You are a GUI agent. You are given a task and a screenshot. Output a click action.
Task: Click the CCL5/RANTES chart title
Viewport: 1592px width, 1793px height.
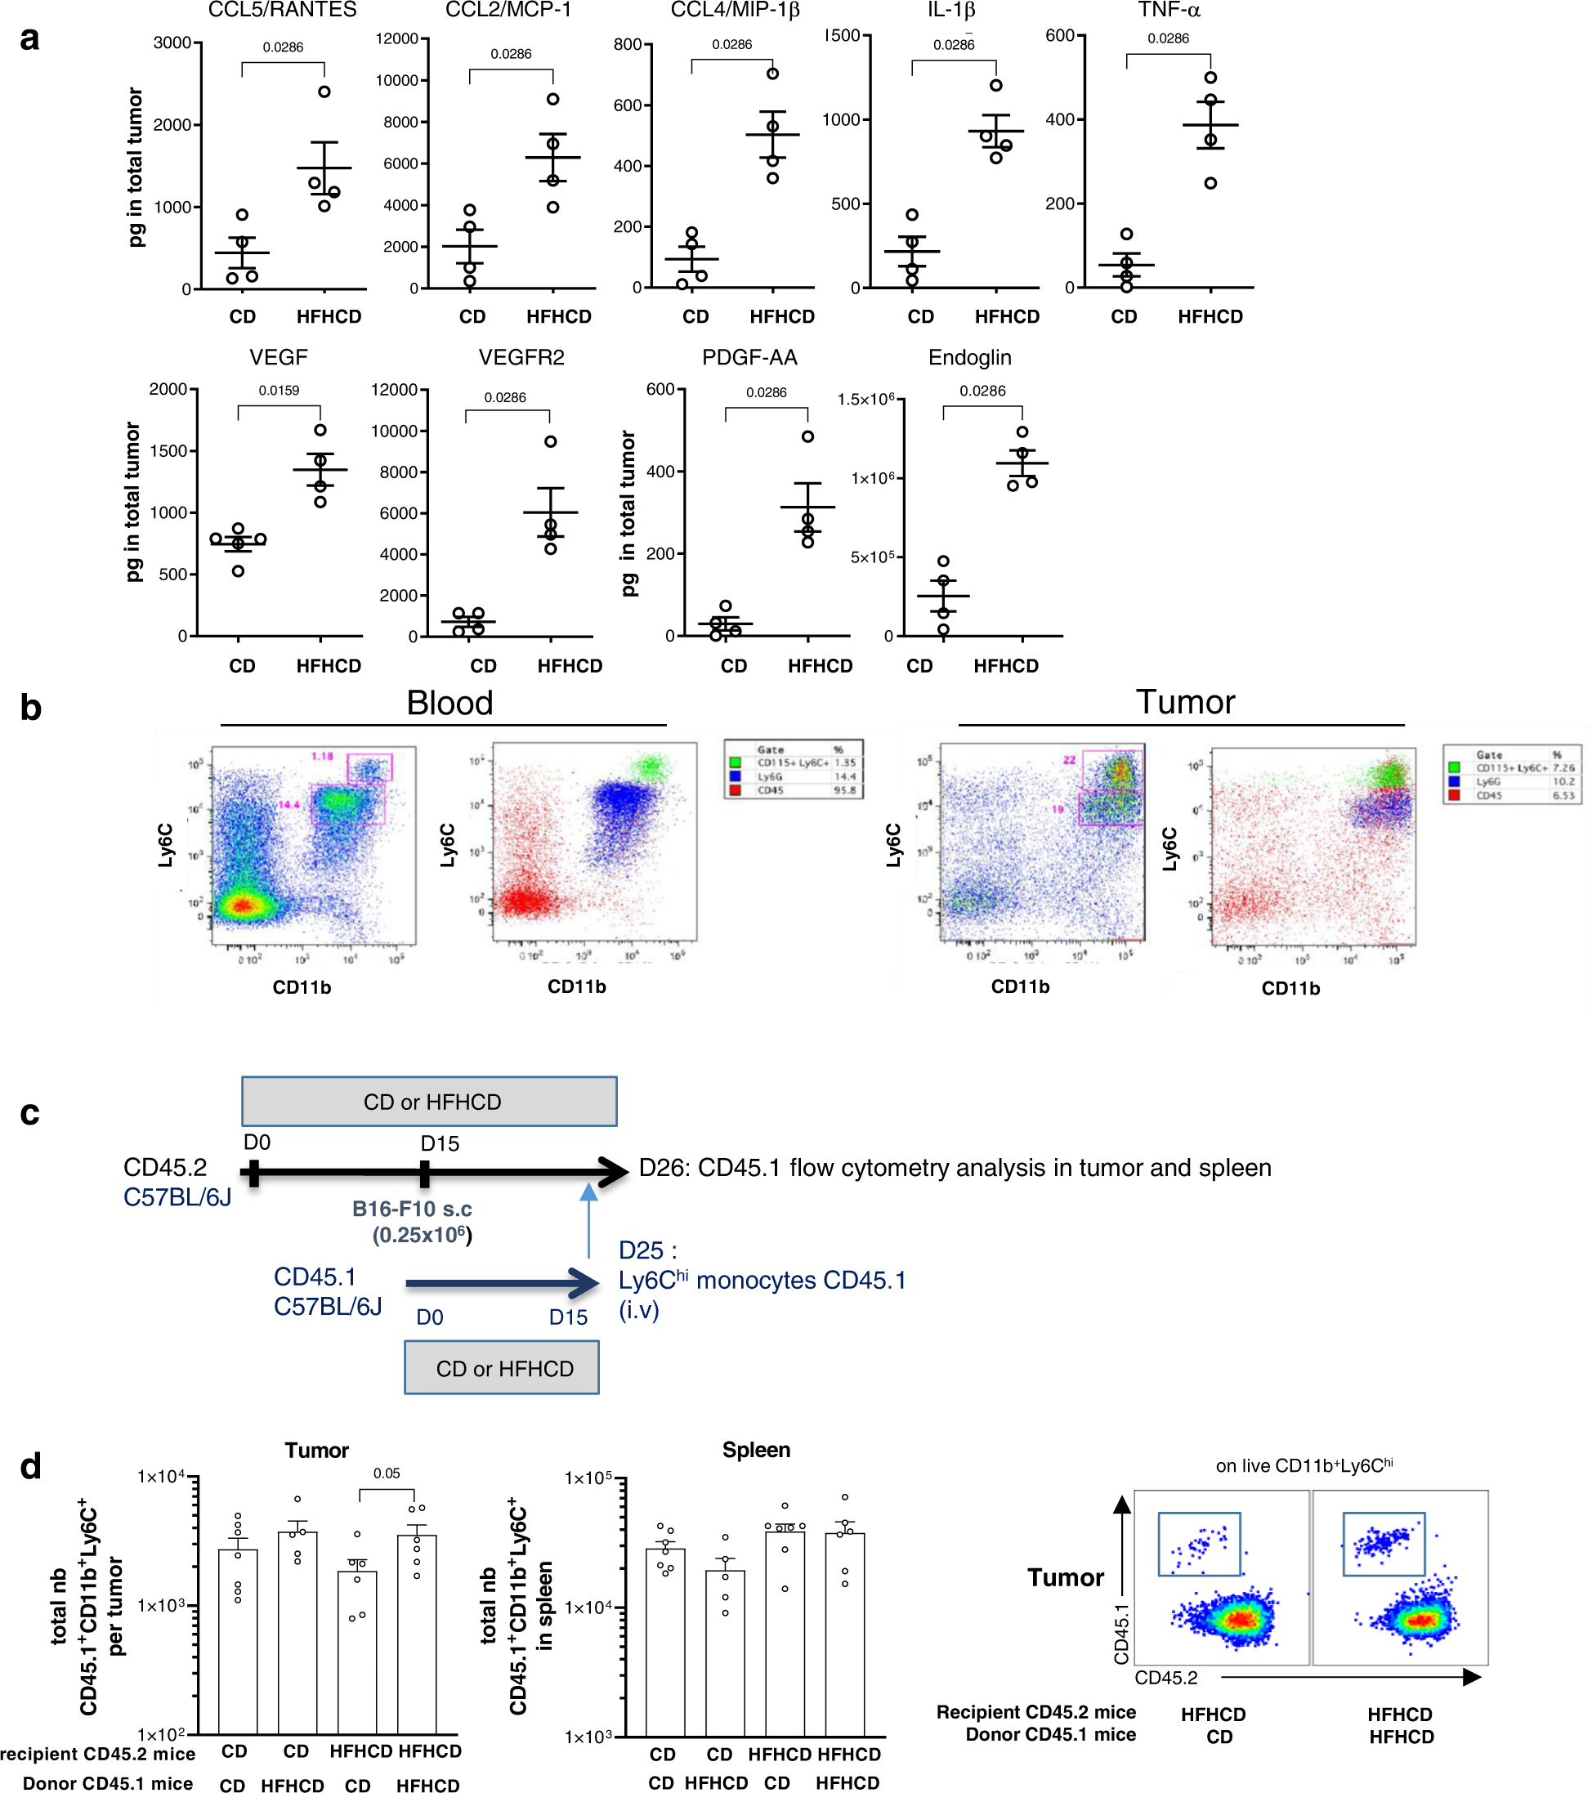click(282, 10)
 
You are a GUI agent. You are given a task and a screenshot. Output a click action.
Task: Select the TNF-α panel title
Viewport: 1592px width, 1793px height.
click(1169, 10)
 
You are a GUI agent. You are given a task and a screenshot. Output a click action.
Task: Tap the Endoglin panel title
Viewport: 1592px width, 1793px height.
click(969, 357)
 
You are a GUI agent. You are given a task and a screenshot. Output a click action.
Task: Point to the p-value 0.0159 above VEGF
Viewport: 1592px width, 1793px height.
click(278, 391)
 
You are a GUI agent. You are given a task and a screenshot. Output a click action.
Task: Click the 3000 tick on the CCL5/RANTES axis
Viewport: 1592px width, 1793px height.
click(172, 43)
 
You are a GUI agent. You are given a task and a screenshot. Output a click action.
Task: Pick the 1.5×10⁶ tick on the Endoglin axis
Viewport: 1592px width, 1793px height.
click(865, 399)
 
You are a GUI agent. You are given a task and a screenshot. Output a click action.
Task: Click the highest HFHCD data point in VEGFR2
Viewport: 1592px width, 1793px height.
click(550, 441)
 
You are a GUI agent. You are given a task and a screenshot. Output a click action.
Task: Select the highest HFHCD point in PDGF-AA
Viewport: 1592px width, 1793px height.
click(807, 436)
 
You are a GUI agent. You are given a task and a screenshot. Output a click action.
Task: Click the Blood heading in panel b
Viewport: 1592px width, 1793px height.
click(449, 703)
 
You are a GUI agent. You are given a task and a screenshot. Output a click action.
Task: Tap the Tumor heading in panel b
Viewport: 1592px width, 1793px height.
click(1184, 702)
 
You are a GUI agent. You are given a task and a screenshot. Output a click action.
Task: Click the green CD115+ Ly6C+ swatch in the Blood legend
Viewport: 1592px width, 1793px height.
click(735, 762)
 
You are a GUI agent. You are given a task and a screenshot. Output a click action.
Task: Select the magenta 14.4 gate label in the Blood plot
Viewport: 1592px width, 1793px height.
click(289, 804)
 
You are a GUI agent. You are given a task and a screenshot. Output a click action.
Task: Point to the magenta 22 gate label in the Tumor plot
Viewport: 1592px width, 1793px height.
click(1069, 760)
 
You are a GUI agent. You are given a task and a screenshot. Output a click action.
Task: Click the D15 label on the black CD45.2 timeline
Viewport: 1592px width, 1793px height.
click(440, 1143)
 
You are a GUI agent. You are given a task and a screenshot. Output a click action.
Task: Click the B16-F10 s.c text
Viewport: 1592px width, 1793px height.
click(411, 1209)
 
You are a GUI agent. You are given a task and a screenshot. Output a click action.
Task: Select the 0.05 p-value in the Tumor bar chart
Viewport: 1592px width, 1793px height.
click(386, 1473)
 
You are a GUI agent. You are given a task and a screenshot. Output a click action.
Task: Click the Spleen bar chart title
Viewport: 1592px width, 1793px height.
click(755, 1450)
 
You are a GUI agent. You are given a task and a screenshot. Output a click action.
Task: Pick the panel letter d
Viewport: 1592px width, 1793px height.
click(31, 1466)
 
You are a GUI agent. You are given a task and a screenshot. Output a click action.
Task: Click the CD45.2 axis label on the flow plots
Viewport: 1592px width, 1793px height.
click(1165, 1677)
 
